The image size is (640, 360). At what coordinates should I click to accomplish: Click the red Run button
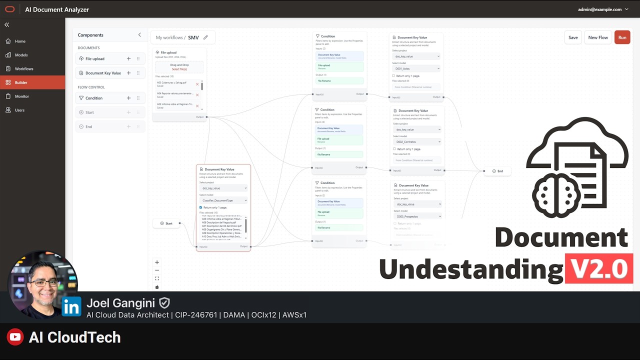pyautogui.click(x=622, y=37)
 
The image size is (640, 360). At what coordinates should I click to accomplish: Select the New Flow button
pyautogui.click(x=598, y=37)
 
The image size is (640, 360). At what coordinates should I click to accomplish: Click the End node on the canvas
pyautogui.click(x=497, y=171)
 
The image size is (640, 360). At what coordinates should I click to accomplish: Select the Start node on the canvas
pyautogui.click(x=166, y=223)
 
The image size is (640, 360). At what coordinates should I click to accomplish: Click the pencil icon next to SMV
pyautogui.click(x=205, y=37)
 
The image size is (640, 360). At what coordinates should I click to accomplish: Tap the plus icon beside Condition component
pyautogui.click(x=128, y=98)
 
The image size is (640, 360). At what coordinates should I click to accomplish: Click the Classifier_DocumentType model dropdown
pyautogui.click(x=223, y=200)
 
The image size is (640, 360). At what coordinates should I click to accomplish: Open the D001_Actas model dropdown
pyautogui.click(x=416, y=68)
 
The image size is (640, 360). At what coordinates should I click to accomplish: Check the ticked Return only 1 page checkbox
pyautogui.click(x=201, y=207)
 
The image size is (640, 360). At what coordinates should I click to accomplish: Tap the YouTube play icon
pyautogui.click(x=15, y=337)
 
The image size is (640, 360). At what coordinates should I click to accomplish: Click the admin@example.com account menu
pyautogui.click(x=603, y=9)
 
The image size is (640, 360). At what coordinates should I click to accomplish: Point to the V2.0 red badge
pyautogui.click(x=599, y=269)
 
